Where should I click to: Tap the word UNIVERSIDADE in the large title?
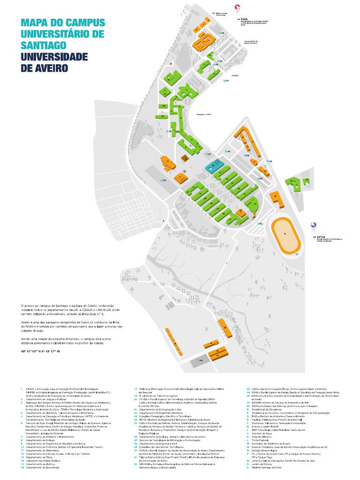click(x=54, y=56)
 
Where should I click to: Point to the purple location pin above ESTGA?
click(x=312, y=226)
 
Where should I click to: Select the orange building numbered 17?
click(x=168, y=164)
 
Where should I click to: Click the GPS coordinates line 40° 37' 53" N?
click(x=41, y=351)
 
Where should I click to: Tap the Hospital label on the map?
click(x=235, y=74)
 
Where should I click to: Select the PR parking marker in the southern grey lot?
click(x=199, y=361)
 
